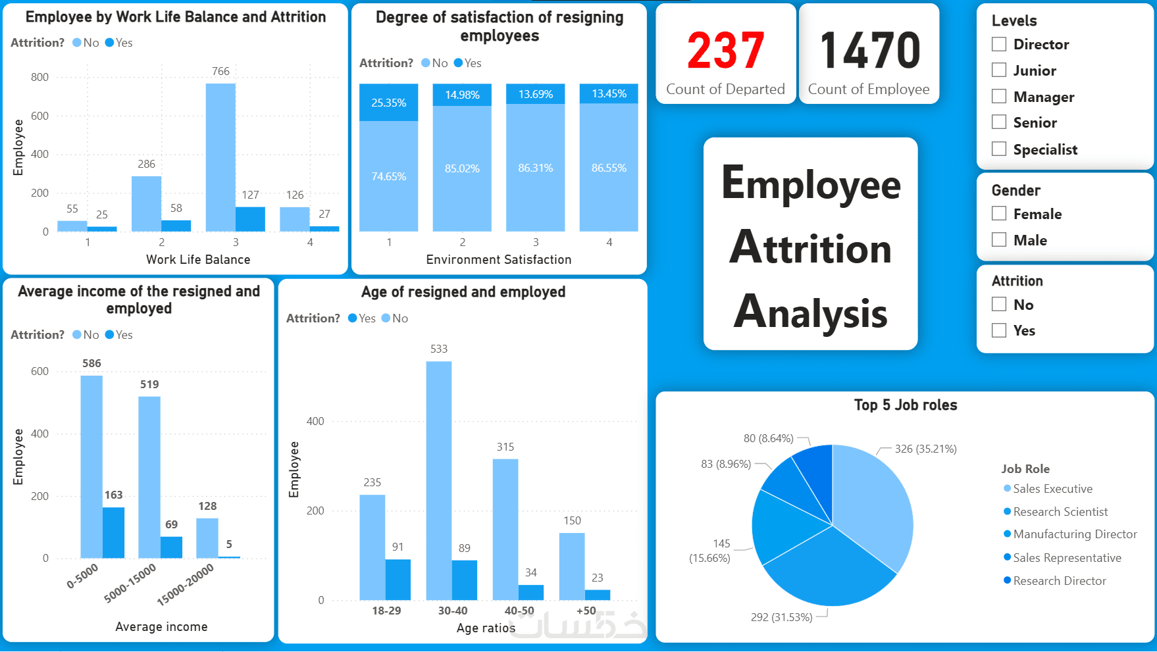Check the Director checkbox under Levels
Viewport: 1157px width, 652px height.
[x=999, y=44]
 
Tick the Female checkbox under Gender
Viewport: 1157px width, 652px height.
[x=999, y=214]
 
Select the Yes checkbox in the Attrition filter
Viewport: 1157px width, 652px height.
[x=999, y=330]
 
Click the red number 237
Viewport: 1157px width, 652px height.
[x=725, y=51]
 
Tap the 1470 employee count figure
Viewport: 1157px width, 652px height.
[x=869, y=51]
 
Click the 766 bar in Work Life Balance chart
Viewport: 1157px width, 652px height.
[x=220, y=158]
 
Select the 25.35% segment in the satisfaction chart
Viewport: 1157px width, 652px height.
[x=388, y=103]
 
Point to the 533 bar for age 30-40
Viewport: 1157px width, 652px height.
[x=438, y=480]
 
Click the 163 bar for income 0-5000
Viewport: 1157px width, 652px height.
[x=113, y=533]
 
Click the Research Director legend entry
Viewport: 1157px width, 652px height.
[x=1059, y=581]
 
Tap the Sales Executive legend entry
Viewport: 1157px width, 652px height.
[x=1052, y=489]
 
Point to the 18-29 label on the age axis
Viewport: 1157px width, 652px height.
[x=386, y=611]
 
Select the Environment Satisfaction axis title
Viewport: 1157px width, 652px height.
[x=498, y=260]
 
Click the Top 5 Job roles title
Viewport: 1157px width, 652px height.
[x=906, y=405]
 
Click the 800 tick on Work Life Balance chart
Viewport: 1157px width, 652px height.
[x=39, y=77]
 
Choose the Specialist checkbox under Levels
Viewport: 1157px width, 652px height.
[x=999, y=149]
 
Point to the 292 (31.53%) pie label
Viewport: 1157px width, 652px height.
[x=781, y=617]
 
